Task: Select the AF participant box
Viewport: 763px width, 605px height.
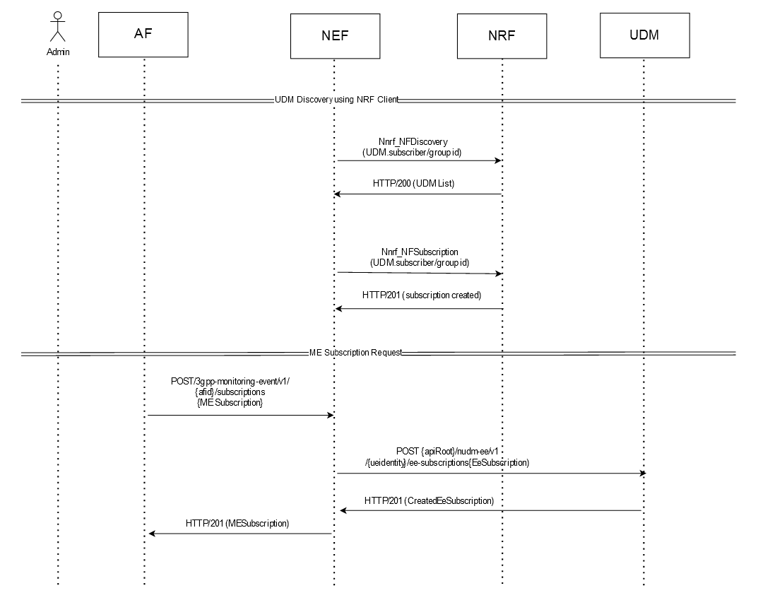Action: (x=143, y=35)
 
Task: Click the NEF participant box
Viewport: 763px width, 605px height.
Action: (x=335, y=35)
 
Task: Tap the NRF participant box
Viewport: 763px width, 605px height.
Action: (x=502, y=35)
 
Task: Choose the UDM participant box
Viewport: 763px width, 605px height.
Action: (x=644, y=35)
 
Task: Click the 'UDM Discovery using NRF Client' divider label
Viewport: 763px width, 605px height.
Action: (x=336, y=100)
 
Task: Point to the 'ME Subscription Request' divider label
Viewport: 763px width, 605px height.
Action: (x=355, y=352)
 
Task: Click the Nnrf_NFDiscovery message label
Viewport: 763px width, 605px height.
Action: (x=413, y=147)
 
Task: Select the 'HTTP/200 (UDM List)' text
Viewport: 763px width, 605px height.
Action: (x=413, y=183)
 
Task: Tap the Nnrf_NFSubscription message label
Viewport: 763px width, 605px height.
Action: (x=419, y=257)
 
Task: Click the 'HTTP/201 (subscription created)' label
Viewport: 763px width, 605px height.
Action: (x=421, y=295)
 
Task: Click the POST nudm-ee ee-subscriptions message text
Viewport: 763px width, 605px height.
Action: (x=448, y=457)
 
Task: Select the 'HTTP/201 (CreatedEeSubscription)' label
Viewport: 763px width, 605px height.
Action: (x=429, y=500)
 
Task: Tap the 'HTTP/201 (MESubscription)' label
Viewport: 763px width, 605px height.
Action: (x=237, y=524)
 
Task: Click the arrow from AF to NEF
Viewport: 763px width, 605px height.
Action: (x=240, y=416)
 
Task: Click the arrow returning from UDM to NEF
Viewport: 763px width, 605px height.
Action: (x=491, y=510)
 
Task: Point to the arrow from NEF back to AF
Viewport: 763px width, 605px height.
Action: (x=240, y=534)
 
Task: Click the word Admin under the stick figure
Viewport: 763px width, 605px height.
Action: (x=58, y=52)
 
